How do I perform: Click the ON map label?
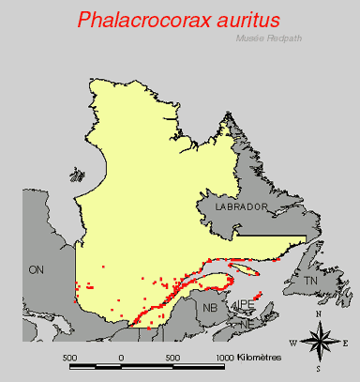pyautogui.click(x=37, y=269)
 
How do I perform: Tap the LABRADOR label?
pyautogui.click(x=240, y=206)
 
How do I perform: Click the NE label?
pyautogui.click(x=246, y=323)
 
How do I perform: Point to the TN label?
pyautogui.click(x=312, y=281)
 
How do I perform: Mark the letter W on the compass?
pyautogui.click(x=295, y=344)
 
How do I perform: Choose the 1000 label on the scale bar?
pyautogui.click(x=226, y=358)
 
